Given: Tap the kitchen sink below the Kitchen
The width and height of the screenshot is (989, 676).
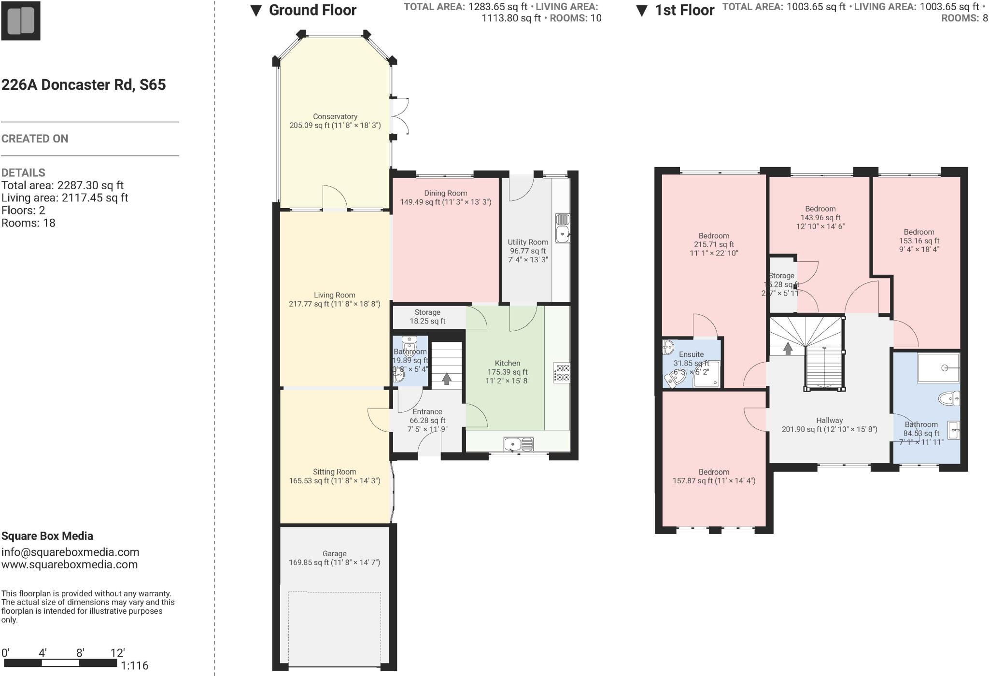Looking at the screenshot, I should [x=518, y=444].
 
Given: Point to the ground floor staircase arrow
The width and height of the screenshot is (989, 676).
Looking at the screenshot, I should [x=447, y=379].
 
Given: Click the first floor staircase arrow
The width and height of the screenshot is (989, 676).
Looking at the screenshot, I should [x=788, y=348].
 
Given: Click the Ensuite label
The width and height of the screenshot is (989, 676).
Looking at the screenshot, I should [x=691, y=354].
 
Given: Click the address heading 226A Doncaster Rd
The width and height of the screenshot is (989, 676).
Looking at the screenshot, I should [x=84, y=85].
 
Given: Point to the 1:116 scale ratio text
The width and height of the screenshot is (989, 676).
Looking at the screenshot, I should [x=134, y=666].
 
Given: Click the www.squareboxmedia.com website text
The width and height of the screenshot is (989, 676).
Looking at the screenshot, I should [x=70, y=564].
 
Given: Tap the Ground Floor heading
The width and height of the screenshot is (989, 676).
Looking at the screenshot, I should [x=312, y=10].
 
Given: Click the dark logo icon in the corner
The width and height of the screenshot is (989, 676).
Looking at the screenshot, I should [x=21, y=21].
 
